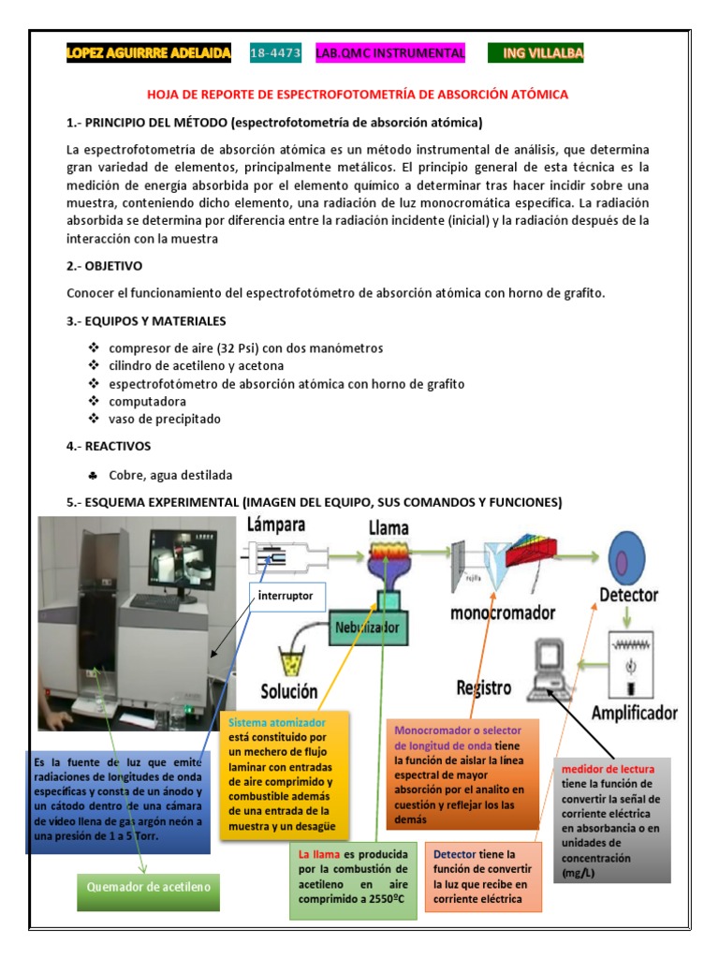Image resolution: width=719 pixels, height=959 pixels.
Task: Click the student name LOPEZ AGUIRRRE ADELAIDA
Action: coord(148,54)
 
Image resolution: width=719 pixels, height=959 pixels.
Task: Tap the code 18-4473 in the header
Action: coord(275,54)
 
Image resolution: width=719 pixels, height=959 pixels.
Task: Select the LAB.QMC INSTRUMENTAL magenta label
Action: coord(390,54)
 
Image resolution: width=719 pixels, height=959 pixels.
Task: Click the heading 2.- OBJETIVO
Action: coord(104,265)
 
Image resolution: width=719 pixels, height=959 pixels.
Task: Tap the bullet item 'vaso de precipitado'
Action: coord(165,419)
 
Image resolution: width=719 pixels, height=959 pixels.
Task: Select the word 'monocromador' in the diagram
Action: coord(503,613)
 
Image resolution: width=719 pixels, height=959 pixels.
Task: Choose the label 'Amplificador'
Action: coord(634,714)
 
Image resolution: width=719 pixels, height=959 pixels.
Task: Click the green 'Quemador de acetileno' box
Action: coord(147,887)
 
